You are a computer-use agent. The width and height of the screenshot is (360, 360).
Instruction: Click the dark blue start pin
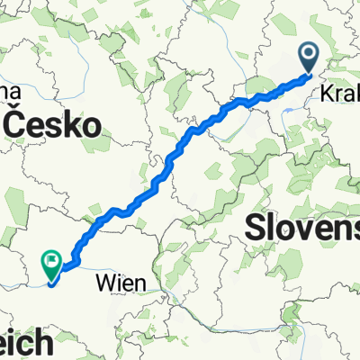[x=310, y=57]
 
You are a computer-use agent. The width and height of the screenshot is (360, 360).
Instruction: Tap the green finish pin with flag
[x=51, y=265]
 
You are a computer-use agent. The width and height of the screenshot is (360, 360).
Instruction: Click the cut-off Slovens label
[x=302, y=225]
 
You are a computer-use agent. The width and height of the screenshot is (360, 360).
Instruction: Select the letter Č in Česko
[x=16, y=126]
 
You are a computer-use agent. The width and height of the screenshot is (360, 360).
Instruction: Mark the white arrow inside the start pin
[x=310, y=55]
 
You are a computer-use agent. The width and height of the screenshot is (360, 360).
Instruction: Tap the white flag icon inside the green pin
[x=51, y=263]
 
